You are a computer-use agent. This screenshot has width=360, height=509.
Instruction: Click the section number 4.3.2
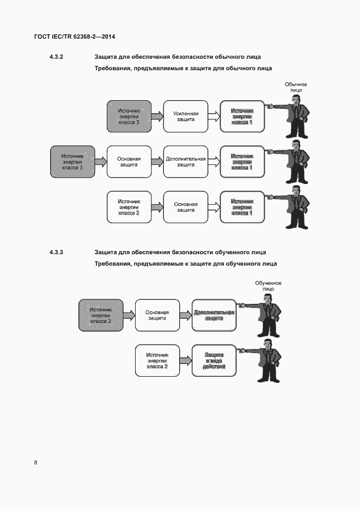(x=57, y=57)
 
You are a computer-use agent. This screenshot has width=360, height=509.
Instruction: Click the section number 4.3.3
(x=57, y=252)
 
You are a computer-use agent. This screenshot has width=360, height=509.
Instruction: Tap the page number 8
(x=36, y=463)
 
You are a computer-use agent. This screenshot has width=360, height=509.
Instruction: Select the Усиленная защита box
(x=186, y=116)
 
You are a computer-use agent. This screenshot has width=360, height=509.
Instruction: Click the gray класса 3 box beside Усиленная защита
(x=129, y=116)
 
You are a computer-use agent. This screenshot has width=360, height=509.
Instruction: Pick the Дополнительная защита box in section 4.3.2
(x=186, y=162)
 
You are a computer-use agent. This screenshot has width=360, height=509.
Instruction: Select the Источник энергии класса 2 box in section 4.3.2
(x=129, y=207)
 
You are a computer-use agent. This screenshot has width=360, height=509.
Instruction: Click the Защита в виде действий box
(x=214, y=360)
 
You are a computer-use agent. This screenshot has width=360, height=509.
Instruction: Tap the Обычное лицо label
(x=296, y=87)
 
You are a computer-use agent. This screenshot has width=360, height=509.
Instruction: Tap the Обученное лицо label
(x=268, y=286)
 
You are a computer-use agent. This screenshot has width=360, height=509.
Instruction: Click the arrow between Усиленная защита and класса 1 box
(x=214, y=116)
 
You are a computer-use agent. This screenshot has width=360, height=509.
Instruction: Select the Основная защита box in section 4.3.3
(x=157, y=315)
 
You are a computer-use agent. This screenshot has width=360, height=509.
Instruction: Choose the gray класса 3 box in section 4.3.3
(x=100, y=315)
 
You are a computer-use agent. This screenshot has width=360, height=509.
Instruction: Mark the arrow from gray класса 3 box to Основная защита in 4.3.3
(x=129, y=315)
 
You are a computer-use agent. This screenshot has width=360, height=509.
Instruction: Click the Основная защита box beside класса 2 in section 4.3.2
(x=186, y=207)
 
